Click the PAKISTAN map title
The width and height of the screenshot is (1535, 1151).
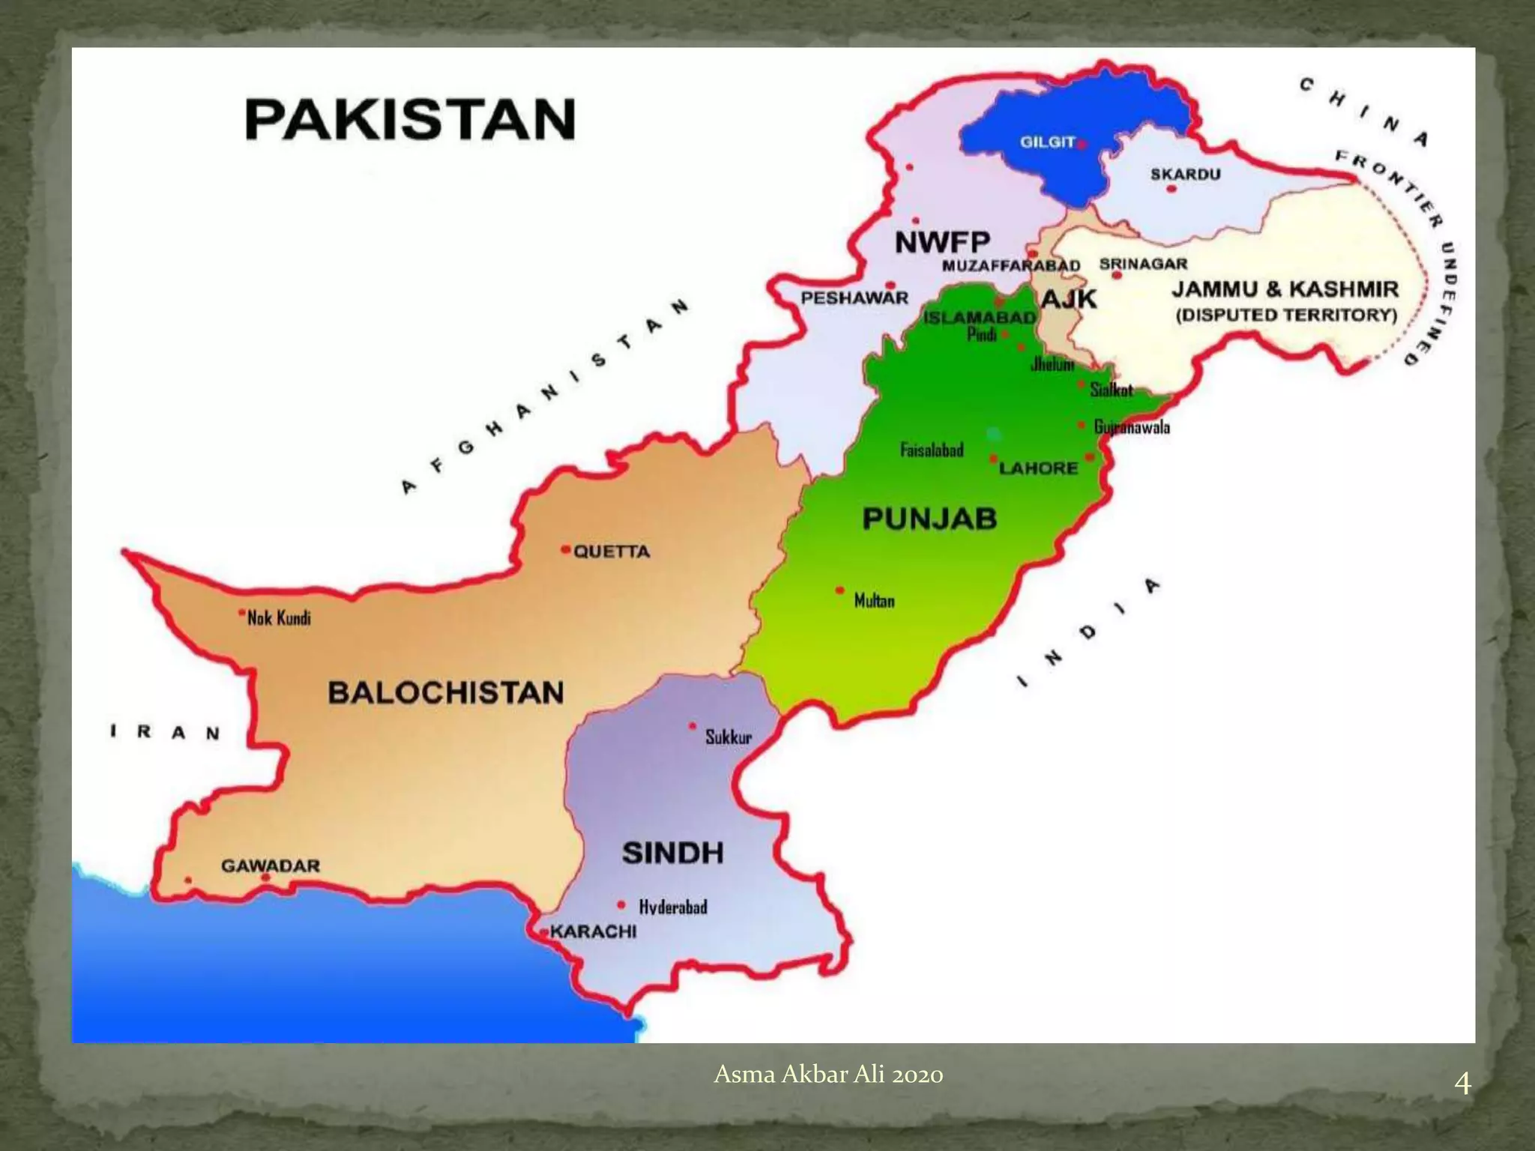point(410,120)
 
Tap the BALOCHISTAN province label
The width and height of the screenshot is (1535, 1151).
point(446,692)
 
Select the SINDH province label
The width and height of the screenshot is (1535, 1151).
point(672,853)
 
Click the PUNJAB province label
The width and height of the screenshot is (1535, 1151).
point(929,519)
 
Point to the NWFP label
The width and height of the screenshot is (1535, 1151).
point(942,242)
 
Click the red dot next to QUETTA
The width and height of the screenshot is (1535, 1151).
point(565,549)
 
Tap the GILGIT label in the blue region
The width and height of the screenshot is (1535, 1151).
point(1047,142)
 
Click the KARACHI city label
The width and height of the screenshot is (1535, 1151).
point(593,931)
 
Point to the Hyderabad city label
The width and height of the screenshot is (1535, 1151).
point(672,907)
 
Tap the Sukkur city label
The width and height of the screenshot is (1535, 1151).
point(728,737)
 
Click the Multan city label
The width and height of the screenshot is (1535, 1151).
point(874,601)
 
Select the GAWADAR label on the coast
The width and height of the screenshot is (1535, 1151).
point(270,865)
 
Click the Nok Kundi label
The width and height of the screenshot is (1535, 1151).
point(279,619)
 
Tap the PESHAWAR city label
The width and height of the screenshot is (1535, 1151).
point(854,298)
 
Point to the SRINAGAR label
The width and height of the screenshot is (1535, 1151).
point(1143,264)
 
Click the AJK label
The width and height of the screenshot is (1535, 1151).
point(1069,299)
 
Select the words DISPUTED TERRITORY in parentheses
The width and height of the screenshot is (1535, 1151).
point(1286,315)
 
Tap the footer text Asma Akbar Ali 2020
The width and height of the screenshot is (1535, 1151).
point(828,1075)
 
